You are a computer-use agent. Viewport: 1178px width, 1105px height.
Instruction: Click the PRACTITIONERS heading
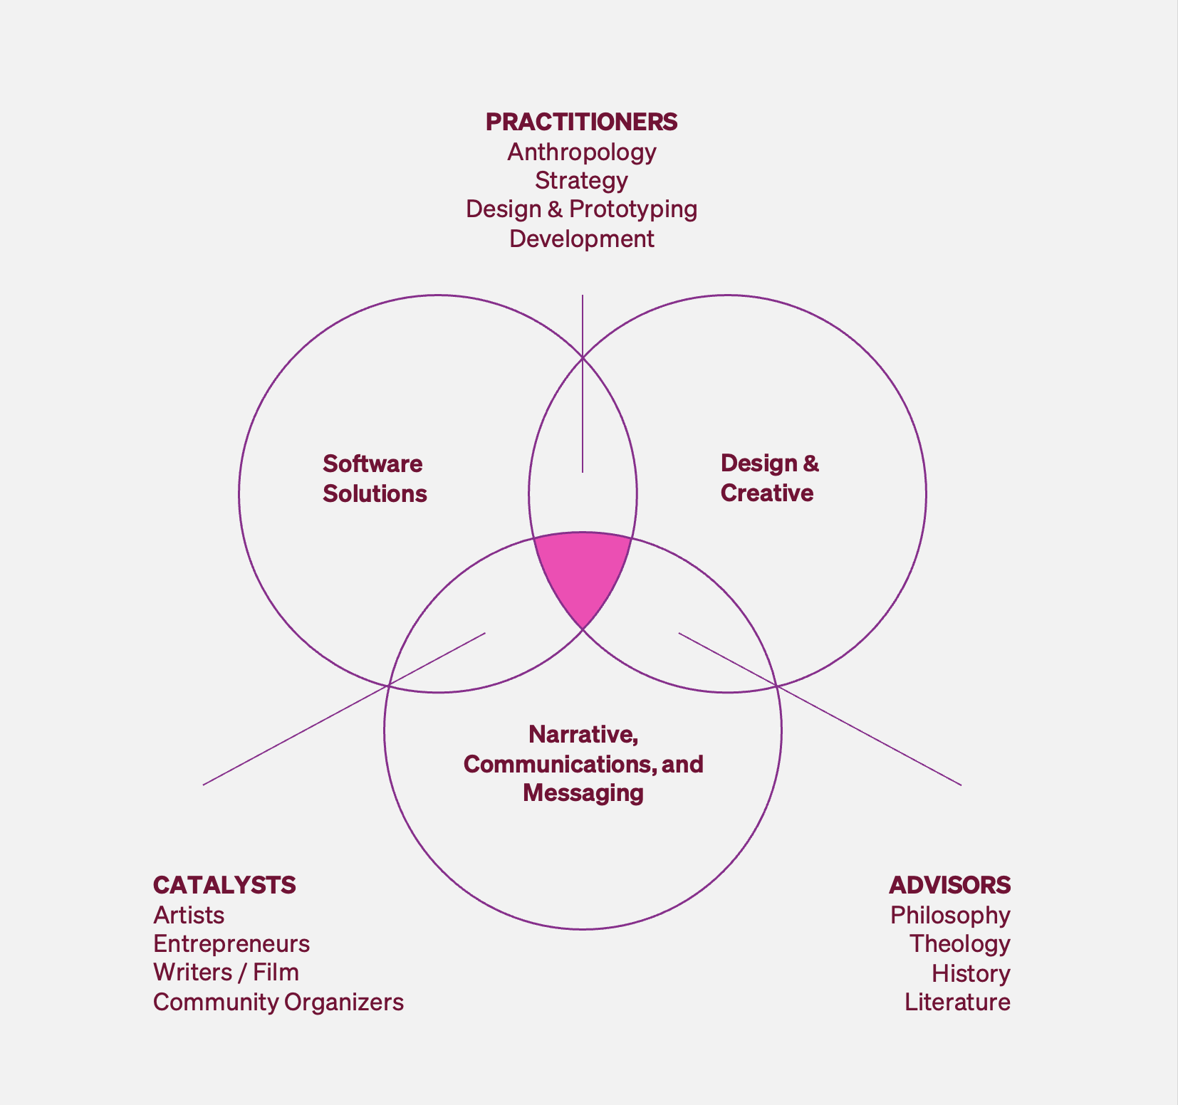tap(581, 122)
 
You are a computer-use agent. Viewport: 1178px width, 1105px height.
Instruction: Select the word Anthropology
tap(581, 152)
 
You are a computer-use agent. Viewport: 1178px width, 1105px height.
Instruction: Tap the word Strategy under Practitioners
tap(581, 180)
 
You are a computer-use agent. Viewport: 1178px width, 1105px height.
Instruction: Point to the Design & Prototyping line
tap(581, 209)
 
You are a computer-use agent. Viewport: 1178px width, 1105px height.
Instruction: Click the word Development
tap(581, 239)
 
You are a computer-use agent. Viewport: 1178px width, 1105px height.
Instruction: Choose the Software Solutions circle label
tap(374, 478)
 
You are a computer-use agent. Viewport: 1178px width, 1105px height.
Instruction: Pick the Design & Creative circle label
tap(769, 478)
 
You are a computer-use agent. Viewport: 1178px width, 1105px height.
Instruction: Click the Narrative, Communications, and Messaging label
tap(583, 763)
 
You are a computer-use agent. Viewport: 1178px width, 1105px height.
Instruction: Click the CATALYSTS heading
tap(224, 885)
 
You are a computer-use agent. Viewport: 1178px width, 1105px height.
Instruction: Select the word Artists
tap(189, 915)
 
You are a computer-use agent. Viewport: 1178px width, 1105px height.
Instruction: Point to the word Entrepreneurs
tap(231, 944)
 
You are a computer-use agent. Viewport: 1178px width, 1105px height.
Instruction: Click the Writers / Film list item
tap(226, 973)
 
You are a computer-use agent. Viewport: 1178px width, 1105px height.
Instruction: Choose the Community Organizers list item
tap(278, 1002)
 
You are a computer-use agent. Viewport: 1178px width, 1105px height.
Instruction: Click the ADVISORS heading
tap(949, 885)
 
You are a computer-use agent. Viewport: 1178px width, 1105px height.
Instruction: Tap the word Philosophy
tap(950, 915)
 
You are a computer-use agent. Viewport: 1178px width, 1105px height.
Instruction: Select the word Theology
tap(959, 944)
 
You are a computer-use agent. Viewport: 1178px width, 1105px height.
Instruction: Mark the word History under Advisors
tap(971, 973)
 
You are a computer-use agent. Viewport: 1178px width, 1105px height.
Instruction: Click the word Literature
tap(957, 1002)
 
